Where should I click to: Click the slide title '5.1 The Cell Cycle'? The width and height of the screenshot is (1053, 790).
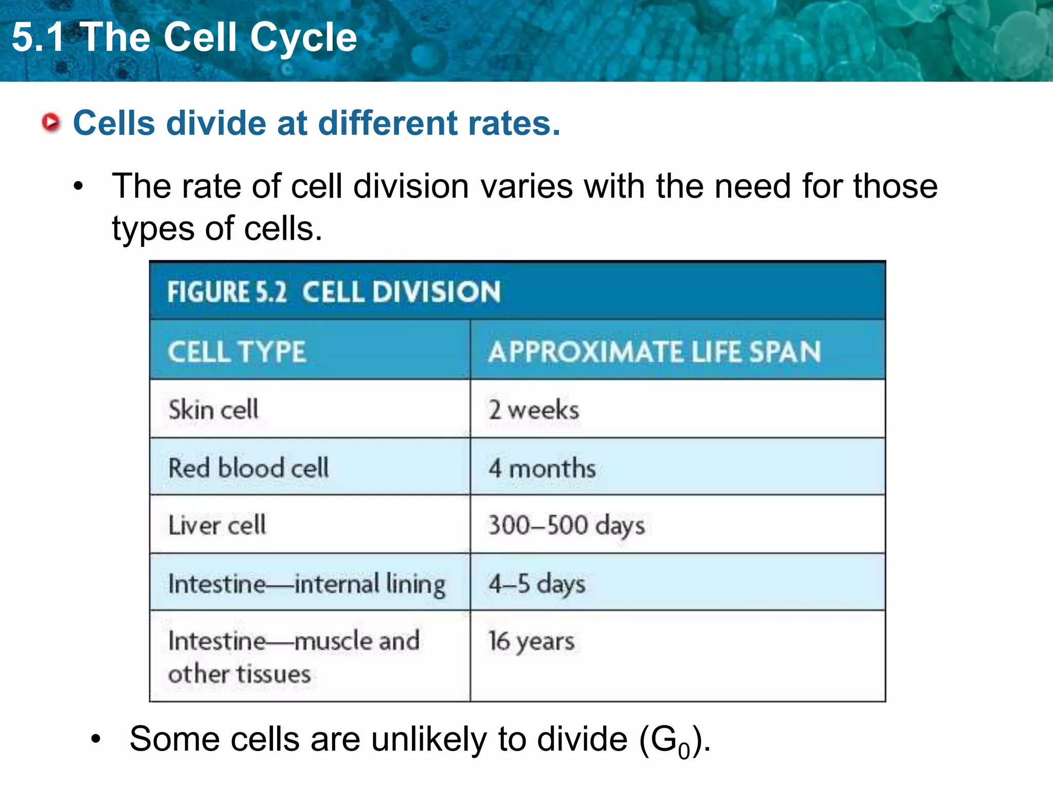click(184, 37)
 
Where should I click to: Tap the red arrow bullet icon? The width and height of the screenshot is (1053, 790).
click(51, 122)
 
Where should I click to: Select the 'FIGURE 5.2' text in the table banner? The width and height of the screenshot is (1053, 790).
click(227, 292)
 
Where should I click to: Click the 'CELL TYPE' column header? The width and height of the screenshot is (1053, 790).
click(237, 352)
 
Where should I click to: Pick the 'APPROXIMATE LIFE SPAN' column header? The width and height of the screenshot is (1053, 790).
click(655, 352)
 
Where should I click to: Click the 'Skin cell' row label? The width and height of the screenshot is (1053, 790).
click(213, 410)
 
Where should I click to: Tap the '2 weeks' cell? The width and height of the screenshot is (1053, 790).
click(534, 410)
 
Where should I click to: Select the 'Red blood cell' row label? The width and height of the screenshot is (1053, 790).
click(248, 468)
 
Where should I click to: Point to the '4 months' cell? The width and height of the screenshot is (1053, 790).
click(542, 469)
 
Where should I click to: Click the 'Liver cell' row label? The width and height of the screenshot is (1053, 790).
click(217, 526)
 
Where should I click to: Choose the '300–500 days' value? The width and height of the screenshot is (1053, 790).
click(566, 526)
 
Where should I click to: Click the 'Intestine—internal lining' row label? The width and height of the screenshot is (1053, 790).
click(307, 584)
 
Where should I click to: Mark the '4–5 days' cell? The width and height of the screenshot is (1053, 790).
click(537, 584)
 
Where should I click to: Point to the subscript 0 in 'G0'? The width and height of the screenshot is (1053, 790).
click(684, 751)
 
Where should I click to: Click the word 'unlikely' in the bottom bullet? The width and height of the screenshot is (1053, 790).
click(428, 739)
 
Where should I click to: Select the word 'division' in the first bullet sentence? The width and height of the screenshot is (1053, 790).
click(411, 186)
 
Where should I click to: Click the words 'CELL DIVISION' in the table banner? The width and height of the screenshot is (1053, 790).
click(401, 292)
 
